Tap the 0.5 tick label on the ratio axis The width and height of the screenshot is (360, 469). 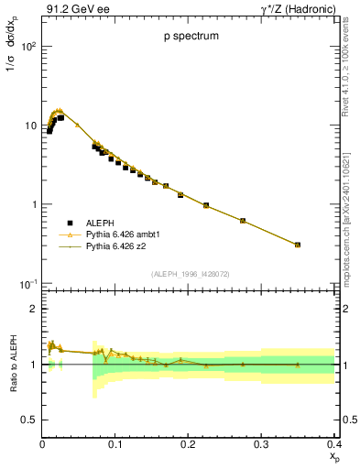coord(28,420)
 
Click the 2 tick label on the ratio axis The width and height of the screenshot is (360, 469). coord(34,309)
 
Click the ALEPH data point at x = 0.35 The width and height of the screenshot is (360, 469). coord(298,245)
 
